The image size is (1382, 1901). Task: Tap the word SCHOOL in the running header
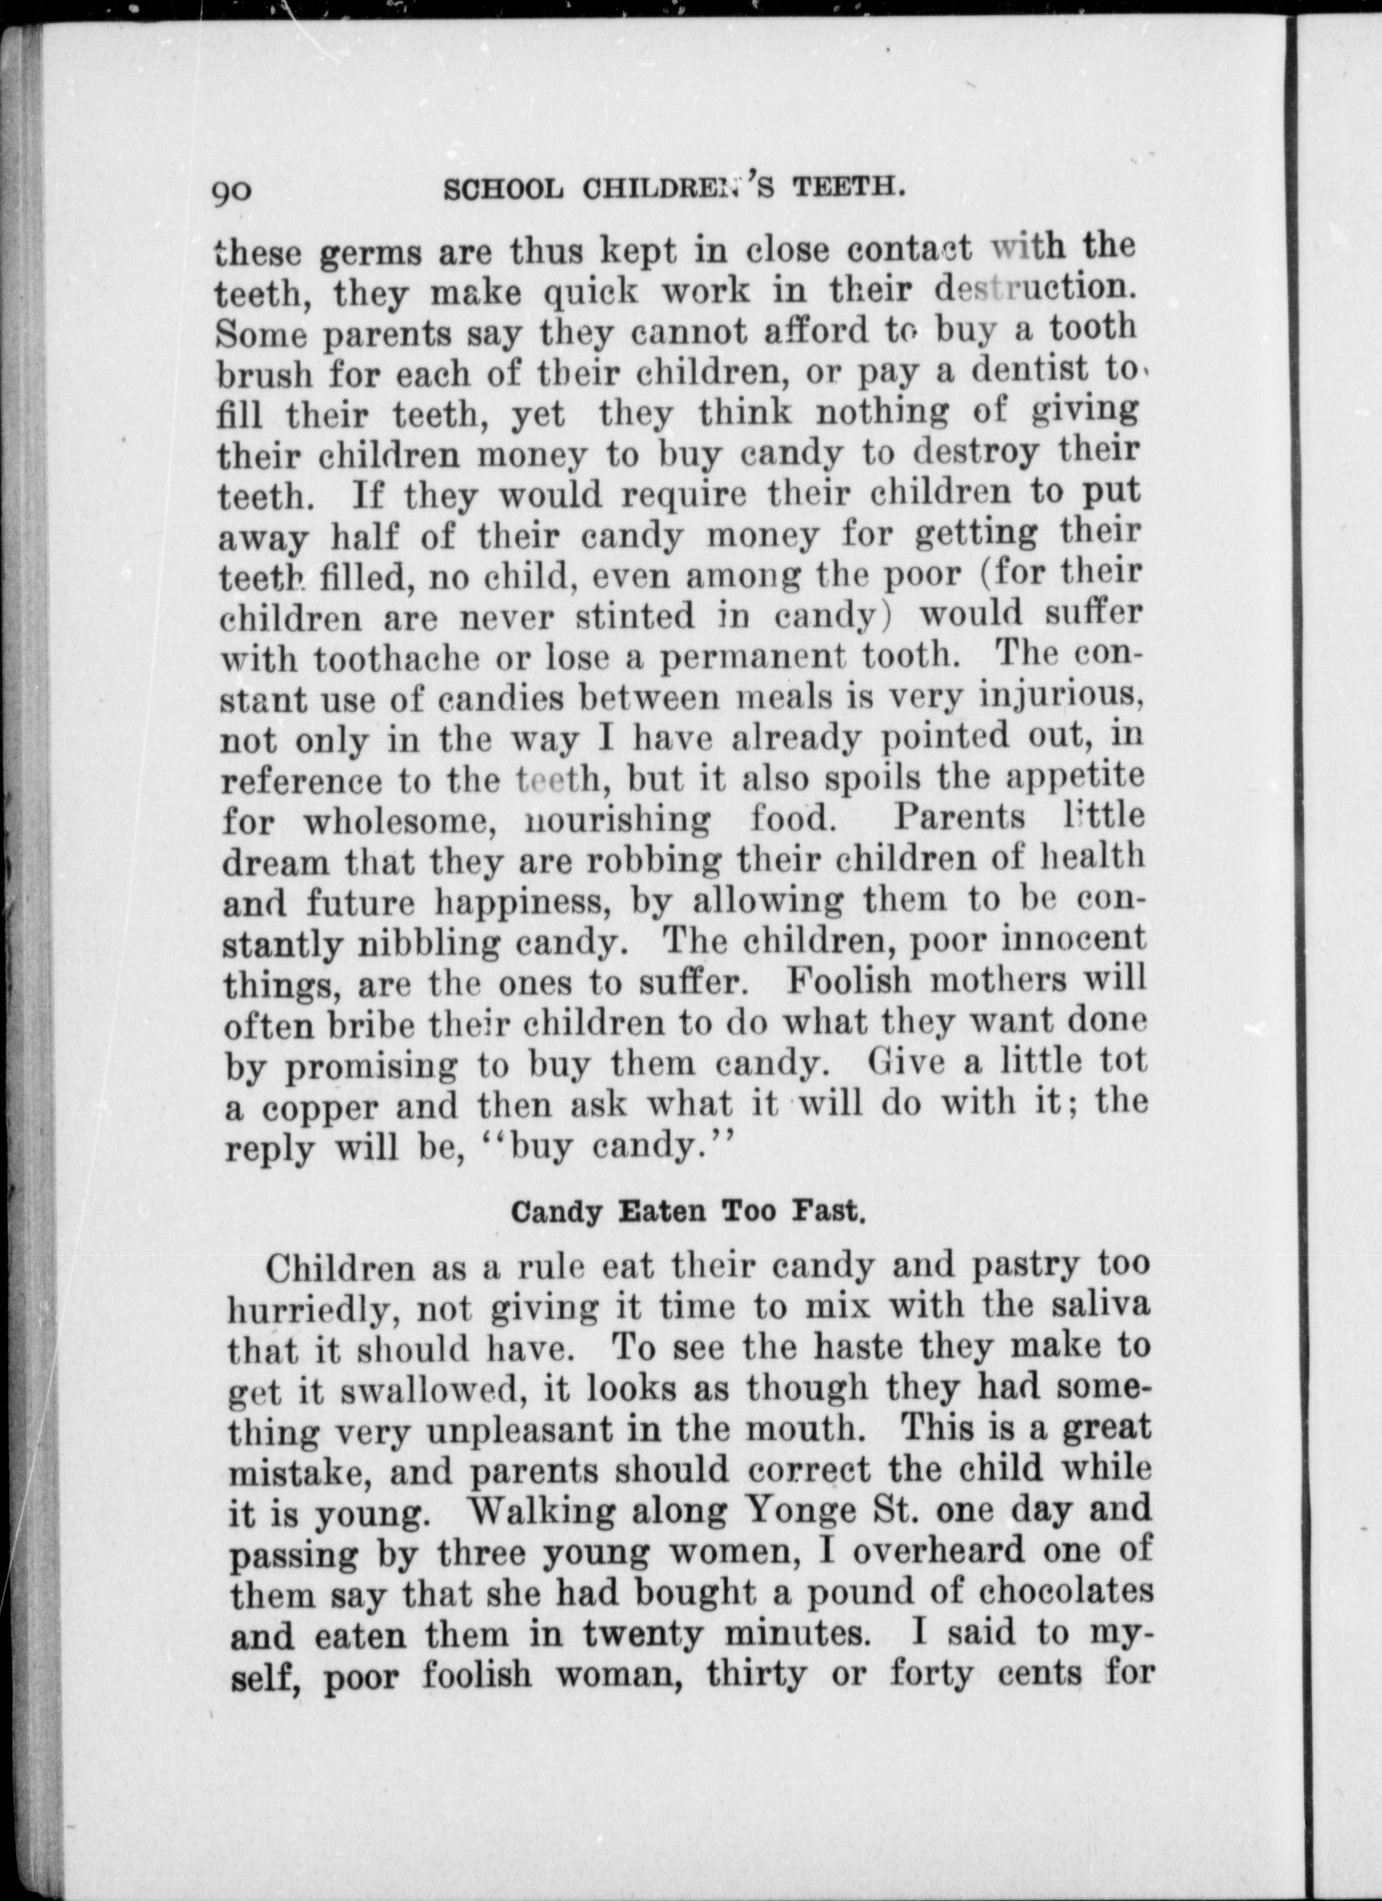click(x=490, y=188)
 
